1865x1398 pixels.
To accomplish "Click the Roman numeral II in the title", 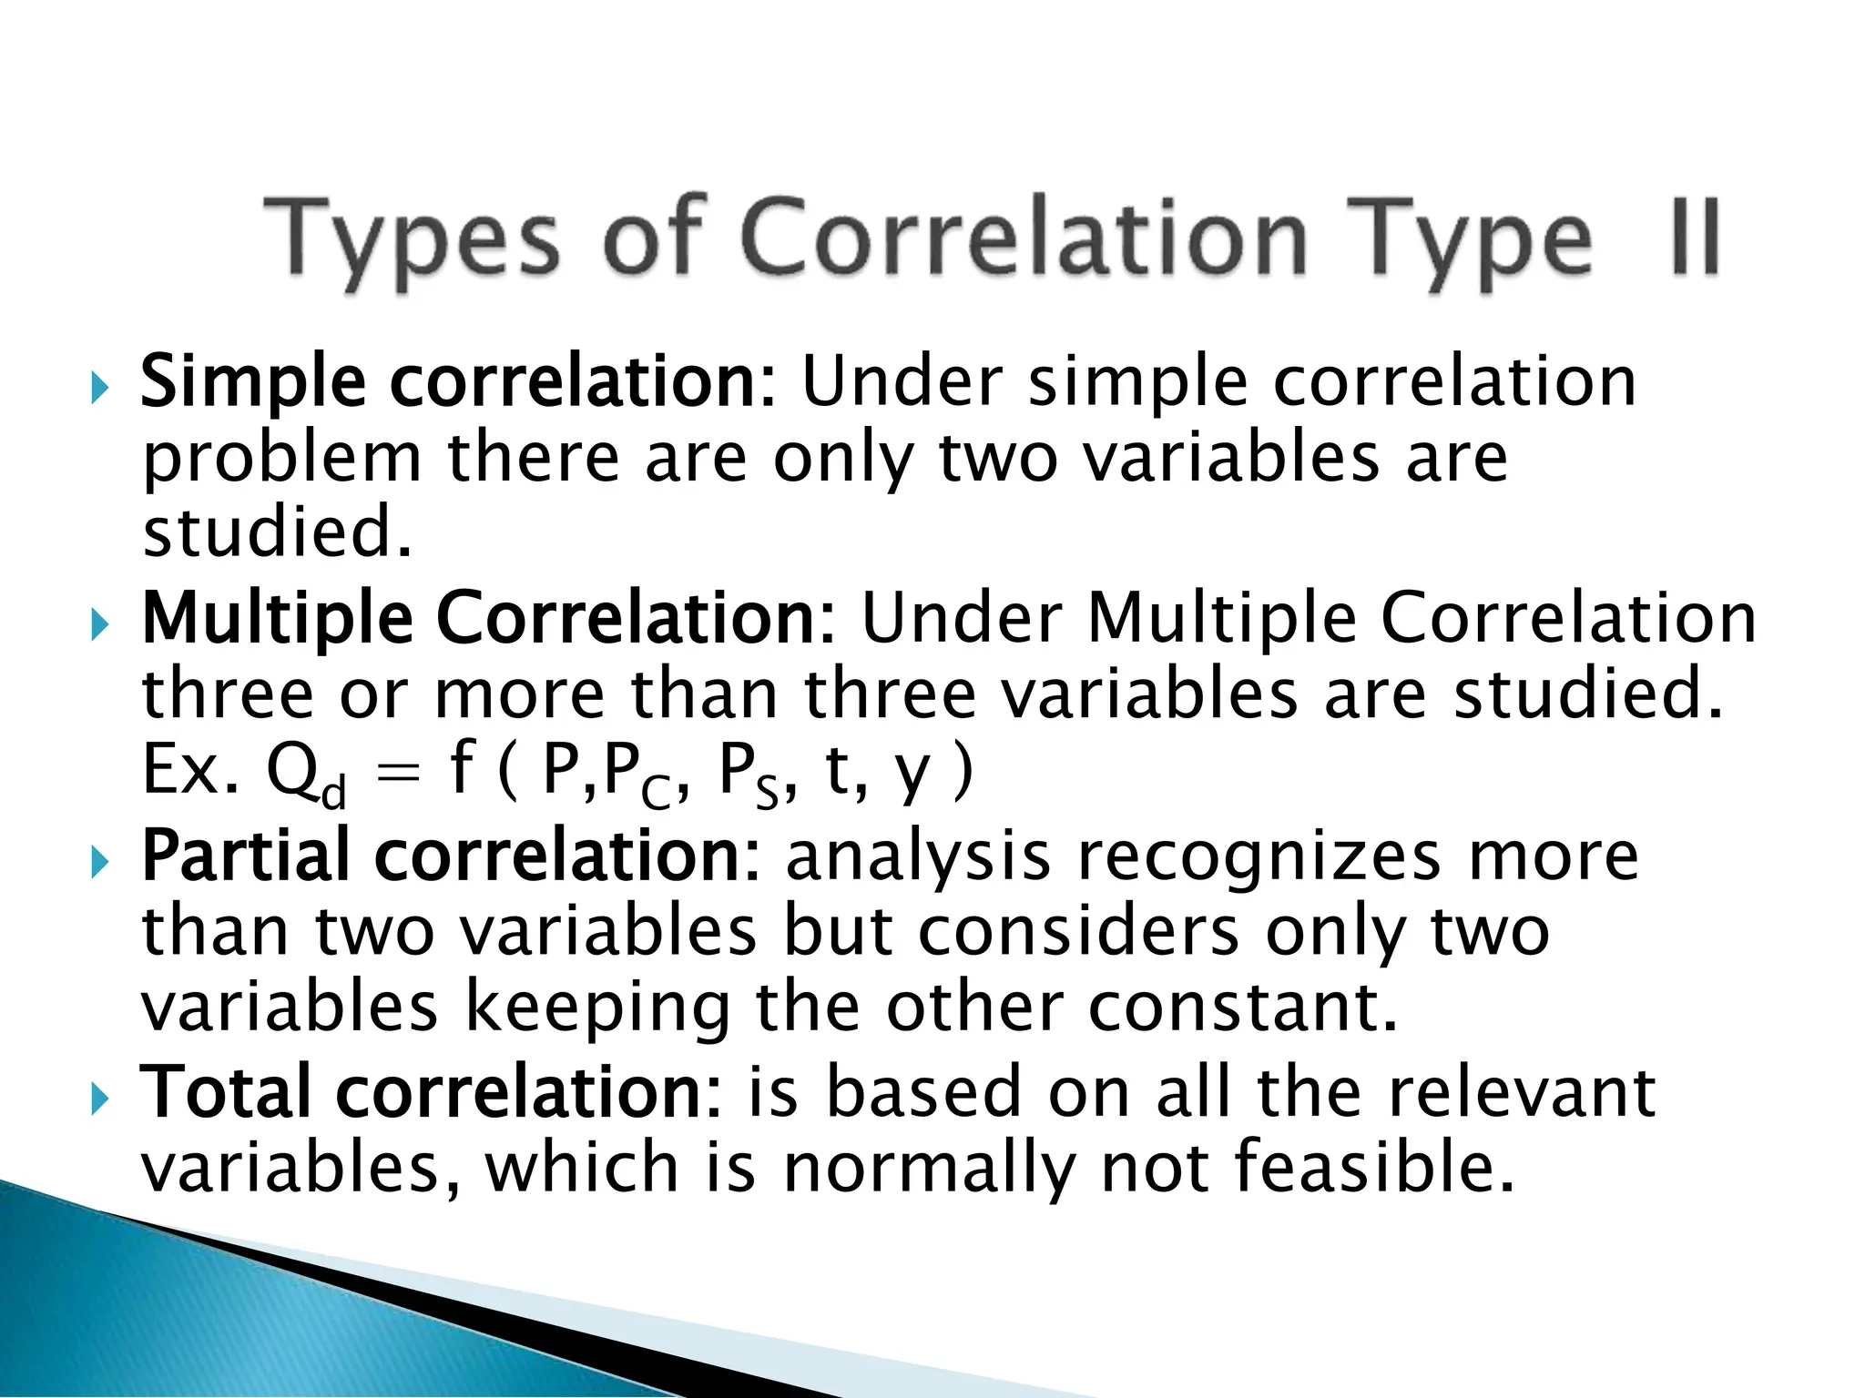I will (1696, 237).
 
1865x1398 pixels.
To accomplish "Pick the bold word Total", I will (231, 1092).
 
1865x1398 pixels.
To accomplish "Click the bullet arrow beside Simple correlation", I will (100, 390).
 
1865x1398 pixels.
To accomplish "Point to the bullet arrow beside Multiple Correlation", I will (100, 626).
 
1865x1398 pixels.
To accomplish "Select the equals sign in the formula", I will (398, 774).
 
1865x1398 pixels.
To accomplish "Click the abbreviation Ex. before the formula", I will (190, 770).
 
